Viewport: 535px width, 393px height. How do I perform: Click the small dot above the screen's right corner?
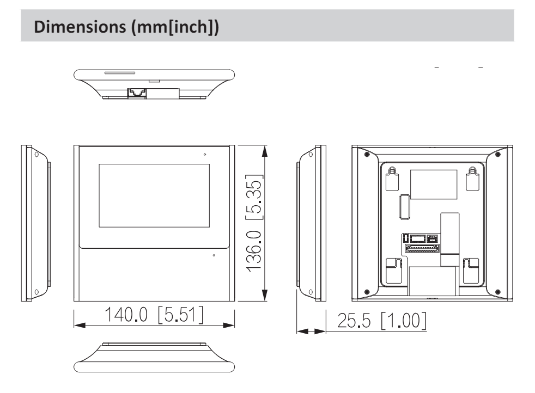(205, 155)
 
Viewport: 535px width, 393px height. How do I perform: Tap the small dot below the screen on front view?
(214, 255)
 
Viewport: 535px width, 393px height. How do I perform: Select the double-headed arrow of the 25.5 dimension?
(310, 330)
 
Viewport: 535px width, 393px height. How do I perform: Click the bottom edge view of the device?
(155, 359)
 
